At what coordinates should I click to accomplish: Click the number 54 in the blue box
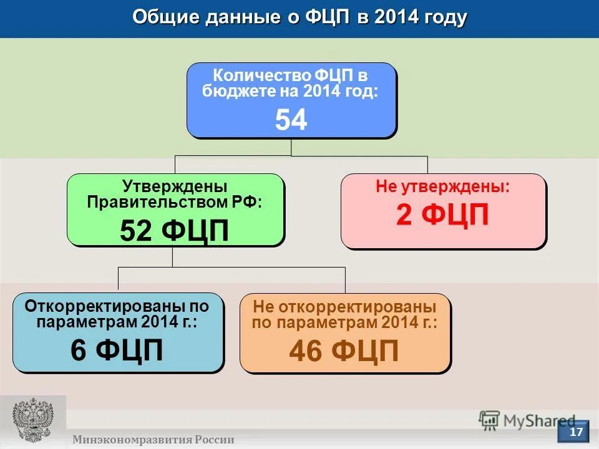291,120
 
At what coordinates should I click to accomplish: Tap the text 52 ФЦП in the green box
174,231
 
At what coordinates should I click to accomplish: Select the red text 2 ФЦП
442,216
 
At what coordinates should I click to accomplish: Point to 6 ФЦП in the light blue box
117,350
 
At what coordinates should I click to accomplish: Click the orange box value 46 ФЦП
344,352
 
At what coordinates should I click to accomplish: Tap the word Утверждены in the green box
174,186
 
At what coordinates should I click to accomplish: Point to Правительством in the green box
159,202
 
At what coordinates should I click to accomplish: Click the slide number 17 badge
575,432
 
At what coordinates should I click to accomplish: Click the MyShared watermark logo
527,420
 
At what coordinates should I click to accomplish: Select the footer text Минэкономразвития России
153,440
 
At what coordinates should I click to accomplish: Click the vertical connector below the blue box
291,147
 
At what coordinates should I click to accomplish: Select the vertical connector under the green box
173,256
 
